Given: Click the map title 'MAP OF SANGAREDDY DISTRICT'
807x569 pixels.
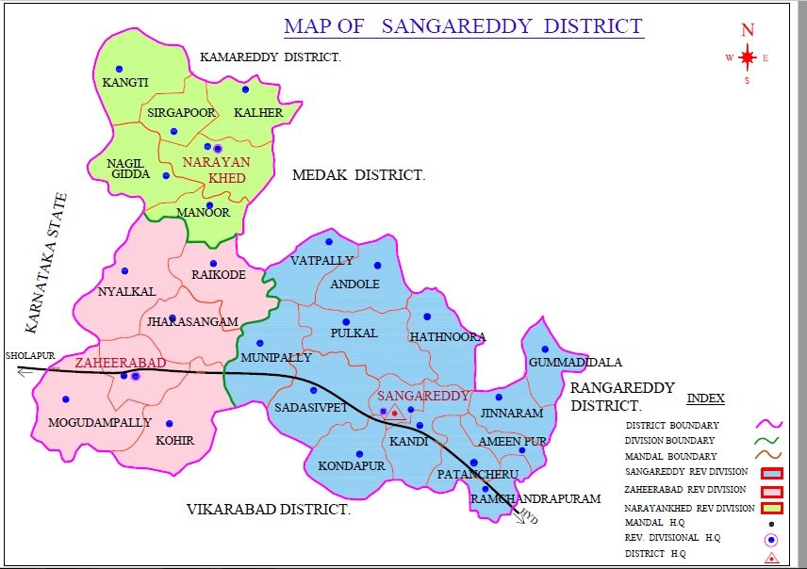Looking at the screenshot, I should point(464,25).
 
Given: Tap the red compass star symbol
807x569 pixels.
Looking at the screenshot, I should point(748,57).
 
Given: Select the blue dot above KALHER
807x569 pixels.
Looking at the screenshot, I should point(245,89).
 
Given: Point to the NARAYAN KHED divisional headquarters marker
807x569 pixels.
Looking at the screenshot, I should point(217,148).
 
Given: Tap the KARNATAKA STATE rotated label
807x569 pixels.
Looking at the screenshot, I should point(47,263).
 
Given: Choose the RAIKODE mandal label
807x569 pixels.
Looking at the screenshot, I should point(218,274).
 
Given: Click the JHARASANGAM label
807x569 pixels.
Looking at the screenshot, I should point(191,322).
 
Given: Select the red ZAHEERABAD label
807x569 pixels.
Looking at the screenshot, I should point(121,363).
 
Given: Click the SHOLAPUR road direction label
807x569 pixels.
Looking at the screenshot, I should point(25,356).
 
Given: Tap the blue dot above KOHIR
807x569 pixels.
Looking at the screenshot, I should point(170,424).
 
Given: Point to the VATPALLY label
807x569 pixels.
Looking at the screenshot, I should point(321,260).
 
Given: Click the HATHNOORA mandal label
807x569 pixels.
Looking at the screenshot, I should point(447,336).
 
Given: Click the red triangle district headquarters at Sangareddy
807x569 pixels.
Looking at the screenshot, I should point(395,413).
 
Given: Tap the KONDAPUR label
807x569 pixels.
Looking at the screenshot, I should point(351,465).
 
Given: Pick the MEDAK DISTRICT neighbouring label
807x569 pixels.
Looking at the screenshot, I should point(358,175).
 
